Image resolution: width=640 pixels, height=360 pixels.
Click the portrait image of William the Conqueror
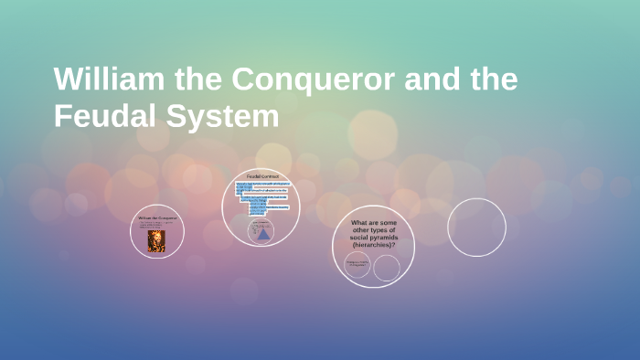tap(156, 240)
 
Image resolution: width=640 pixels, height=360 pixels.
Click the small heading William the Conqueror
tap(156, 218)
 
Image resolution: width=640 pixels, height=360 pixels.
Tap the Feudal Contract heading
tap(262, 175)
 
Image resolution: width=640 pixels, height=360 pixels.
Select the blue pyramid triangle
tap(262, 234)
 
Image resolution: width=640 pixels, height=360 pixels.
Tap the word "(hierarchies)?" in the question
tap(373, 245)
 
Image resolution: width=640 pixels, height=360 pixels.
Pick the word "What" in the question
tap(360, 222)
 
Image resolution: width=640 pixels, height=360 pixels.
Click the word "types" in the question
tap(374, 229)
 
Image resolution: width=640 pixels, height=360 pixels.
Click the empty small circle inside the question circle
tap(387, 268)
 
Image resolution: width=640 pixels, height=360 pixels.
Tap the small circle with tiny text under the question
tap(357, 265)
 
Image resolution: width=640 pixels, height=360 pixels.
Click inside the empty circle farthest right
tap(476, 228)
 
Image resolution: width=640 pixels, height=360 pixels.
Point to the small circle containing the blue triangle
tap(262, 231)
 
